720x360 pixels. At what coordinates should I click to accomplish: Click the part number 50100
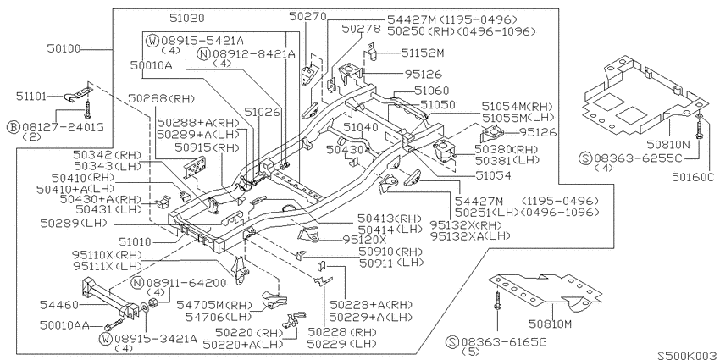[64, 48]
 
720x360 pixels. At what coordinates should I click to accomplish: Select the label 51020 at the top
[187, 19]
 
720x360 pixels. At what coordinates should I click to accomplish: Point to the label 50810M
[550, 324]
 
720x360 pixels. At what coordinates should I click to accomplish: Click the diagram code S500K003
[688, 356]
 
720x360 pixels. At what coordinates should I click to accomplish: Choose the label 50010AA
[64, 325]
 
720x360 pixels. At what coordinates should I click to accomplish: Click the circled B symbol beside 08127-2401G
[14, 127]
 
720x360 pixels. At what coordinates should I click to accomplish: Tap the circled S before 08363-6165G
[453, 341]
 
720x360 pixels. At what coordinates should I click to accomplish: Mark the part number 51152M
[423, 53]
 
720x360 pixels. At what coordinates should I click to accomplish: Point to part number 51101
[31, 97]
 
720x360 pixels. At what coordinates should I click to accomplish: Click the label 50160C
[694, 177]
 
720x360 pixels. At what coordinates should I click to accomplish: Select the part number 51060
[432, 91]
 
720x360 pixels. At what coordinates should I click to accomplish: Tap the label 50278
[362, 29]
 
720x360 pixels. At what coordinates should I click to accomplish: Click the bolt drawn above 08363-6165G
[497, 301]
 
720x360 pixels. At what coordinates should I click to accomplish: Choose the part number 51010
[135, 241]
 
